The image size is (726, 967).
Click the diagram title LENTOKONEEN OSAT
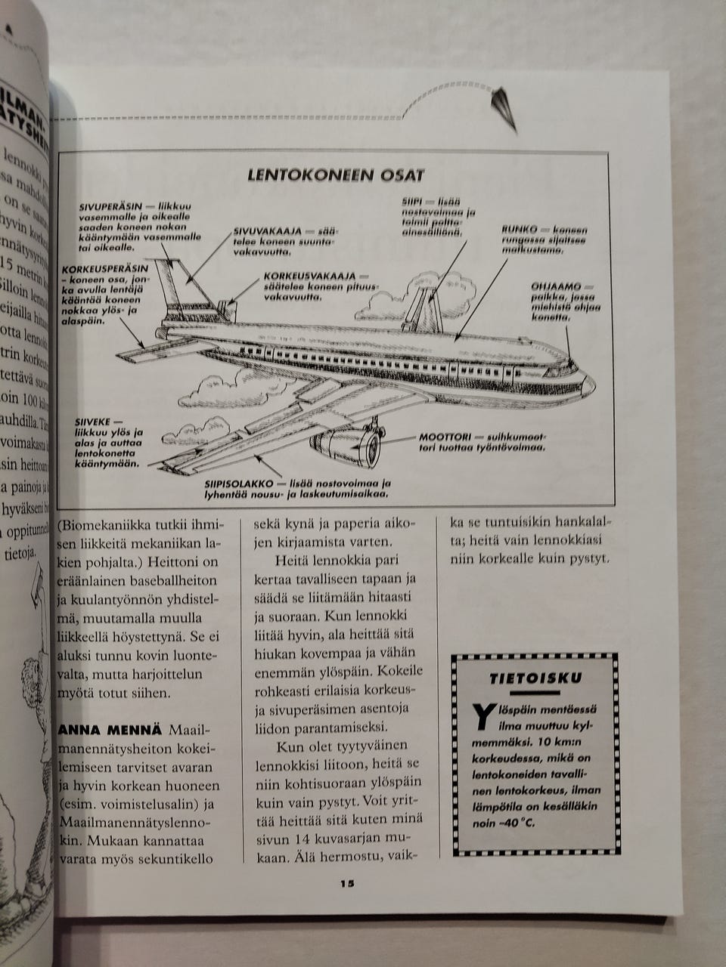point(337,175)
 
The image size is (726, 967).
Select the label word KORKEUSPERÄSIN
point(105,269)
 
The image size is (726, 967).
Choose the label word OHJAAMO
point(556,287)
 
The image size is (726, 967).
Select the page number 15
point(347,885)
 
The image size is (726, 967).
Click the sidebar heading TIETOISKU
point(535,678)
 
